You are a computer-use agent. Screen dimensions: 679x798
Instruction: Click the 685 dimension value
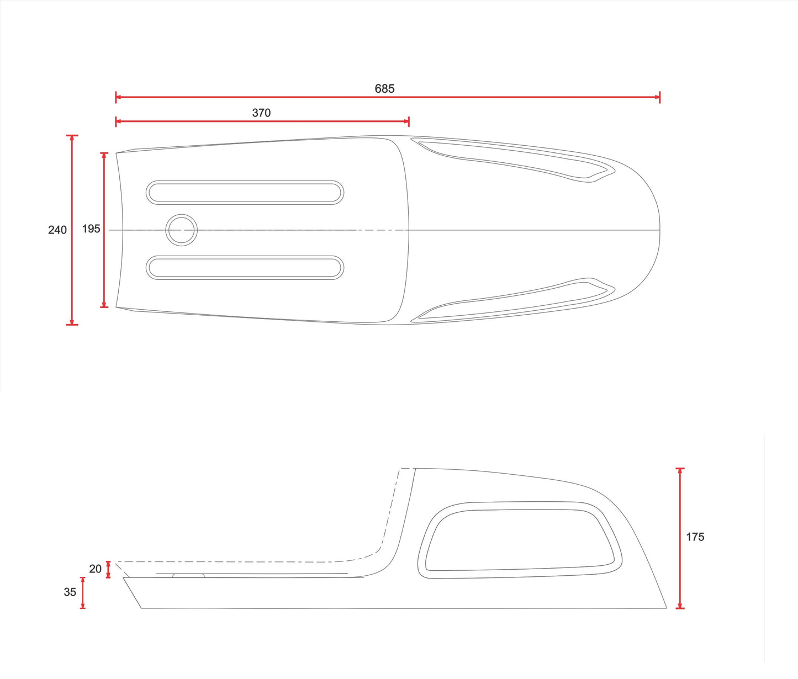point(384,88)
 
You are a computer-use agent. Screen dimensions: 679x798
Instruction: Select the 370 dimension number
point(261,113)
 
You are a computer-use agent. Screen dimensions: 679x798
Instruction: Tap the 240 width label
point(57,230)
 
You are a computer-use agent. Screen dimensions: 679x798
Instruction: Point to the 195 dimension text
point(91,229)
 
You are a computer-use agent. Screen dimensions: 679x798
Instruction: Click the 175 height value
point(695,537)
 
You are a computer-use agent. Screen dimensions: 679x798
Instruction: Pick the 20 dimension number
point(96,569)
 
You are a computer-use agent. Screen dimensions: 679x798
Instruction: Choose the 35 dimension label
point(70,592)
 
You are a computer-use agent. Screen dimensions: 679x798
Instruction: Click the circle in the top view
point(182,230)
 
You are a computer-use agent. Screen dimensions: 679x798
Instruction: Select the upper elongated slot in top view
point(245,192)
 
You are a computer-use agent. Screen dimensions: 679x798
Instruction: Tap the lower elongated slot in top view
point(245,268)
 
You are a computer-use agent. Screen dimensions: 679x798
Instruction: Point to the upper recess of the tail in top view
point(514,160)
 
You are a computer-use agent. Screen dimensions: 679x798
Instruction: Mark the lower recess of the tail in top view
point(514,300)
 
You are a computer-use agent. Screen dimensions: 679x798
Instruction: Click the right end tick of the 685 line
point(659,97)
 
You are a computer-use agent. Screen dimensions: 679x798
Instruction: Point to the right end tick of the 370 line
point(408,121)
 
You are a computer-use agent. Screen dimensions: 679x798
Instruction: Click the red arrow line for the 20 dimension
point(108,569)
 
